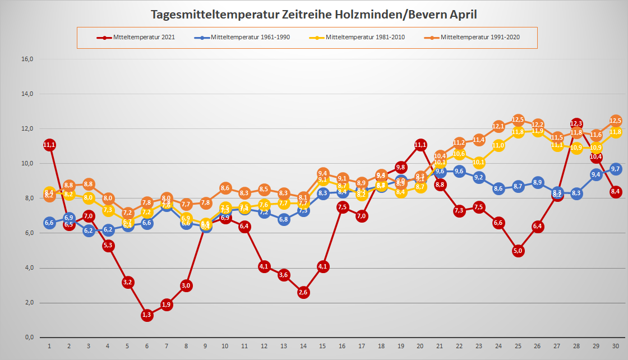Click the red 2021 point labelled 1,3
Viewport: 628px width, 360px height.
click(147, 315)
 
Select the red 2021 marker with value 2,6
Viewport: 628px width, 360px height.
click(303, 292)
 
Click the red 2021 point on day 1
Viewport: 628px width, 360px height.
click(49, 145)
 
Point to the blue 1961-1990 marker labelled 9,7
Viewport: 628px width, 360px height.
click(615, 169)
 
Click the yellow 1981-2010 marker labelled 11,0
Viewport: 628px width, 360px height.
click(498, 145)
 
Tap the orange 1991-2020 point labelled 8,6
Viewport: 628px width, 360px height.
click(225, 188)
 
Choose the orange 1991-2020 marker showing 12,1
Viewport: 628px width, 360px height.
click(498, 126)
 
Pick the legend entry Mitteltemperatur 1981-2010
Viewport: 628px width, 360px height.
click(364, 38)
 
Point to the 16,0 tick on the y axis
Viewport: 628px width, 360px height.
click(27, 59)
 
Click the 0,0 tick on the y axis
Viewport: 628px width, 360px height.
click(27, 337)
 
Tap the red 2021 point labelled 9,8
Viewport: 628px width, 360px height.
click(401, 167)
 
